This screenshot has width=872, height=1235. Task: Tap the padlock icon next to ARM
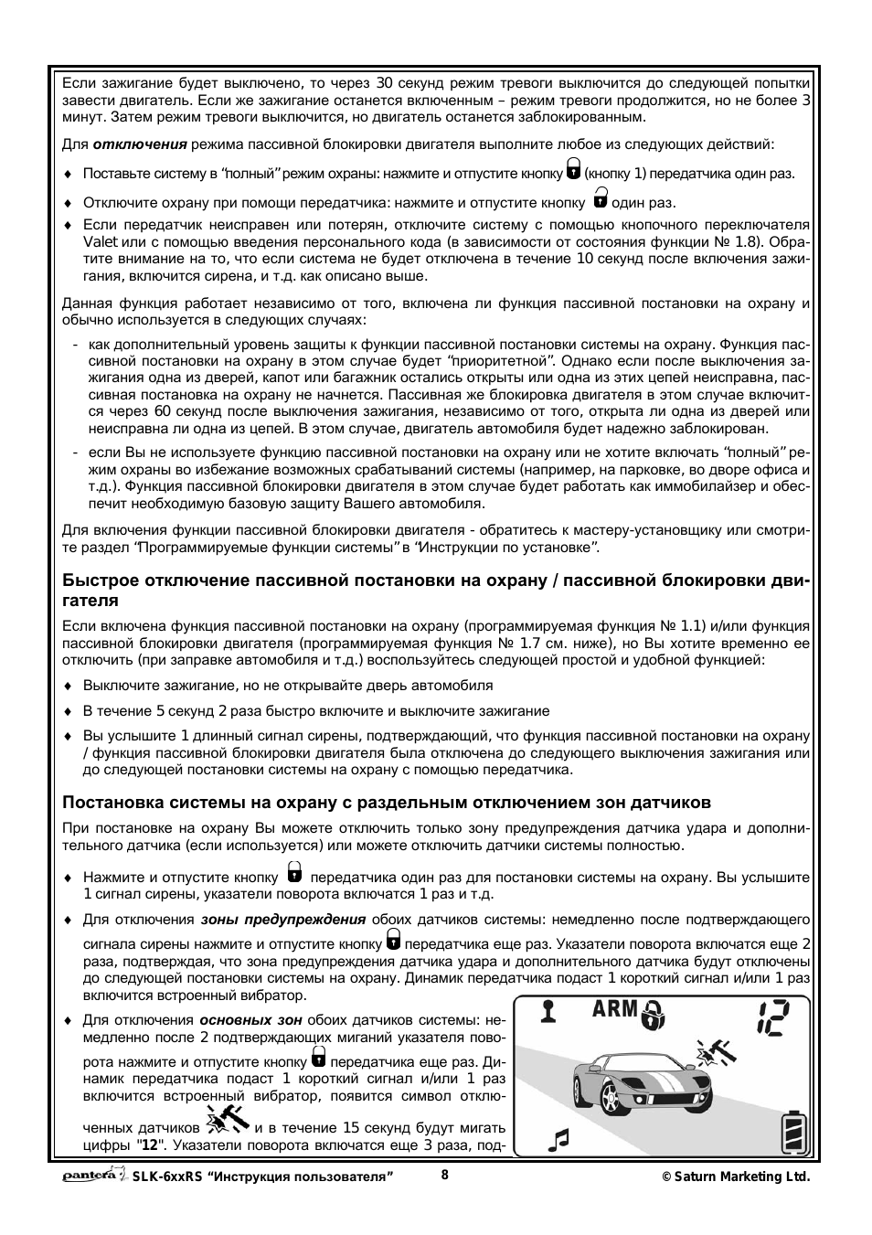pos(654,1014)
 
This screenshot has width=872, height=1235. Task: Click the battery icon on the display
pos(794,1134)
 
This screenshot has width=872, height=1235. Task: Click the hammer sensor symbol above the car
pos(716,1055)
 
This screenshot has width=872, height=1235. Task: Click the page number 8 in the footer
pos(445,1176)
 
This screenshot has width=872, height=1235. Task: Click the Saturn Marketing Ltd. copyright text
pos(735,1177)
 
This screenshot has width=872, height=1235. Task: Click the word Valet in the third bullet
pos(101,242)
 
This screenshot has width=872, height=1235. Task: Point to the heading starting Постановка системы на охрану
pos(387,803)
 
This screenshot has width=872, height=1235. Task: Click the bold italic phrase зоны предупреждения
pos(283,920)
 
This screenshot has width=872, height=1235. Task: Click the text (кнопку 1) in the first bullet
pos(615,174)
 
